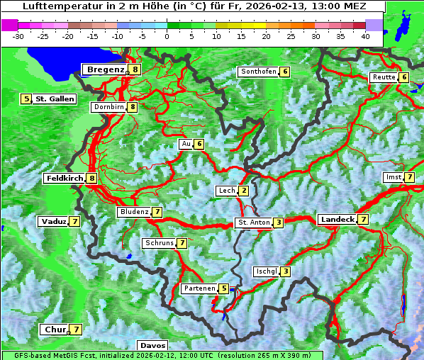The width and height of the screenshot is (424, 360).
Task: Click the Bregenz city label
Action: tap(105, 69)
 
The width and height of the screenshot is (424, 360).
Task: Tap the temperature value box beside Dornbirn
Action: tap(132, 107)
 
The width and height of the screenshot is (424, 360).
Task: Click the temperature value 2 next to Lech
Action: tap(244, 191)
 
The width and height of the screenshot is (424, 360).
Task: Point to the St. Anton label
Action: tap(254, 223)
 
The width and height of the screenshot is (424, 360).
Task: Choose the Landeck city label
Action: tap(337, 220)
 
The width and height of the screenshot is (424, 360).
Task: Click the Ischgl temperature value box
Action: tap(285, 271)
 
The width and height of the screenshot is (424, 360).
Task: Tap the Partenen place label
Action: tap(199, 288)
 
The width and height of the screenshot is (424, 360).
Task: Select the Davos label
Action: tap(153, 346)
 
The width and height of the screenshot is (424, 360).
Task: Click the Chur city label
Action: tap(55, 330)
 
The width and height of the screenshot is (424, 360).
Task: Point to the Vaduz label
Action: tap(54, 222)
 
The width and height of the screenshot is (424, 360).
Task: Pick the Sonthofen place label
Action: tap(258, 72)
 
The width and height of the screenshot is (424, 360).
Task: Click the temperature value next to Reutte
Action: tap(404, 77)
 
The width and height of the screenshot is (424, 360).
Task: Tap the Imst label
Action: tap(393, 176)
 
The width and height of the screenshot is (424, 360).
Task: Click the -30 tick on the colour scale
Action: tap(18, 35)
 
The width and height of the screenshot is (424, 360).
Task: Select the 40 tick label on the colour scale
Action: tap(365, 35)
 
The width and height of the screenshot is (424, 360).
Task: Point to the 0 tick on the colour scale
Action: tap(167, 35)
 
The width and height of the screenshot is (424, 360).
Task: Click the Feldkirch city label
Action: tap(65, 179)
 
